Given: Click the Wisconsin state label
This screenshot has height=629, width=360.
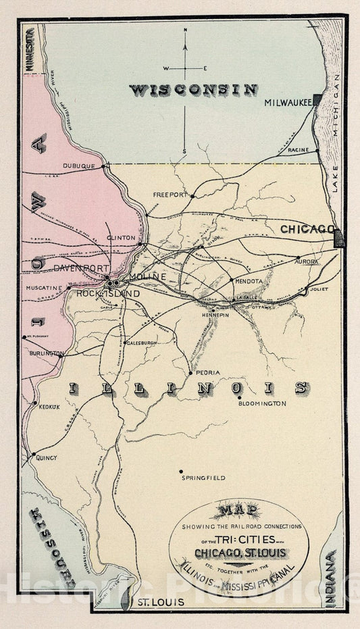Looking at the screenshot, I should (193, 89).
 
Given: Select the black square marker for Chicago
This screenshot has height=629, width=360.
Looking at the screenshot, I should (339, 238).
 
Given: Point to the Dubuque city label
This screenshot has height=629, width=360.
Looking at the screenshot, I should (81, 166).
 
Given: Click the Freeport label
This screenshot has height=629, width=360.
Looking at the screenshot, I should (170, 195).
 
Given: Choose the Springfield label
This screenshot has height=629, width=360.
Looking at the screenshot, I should (203, 478).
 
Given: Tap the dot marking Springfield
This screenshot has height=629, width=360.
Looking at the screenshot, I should (181, 470).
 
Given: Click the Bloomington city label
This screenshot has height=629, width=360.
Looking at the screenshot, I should (262, 403).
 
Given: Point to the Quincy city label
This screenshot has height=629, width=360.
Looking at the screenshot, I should (47, 457).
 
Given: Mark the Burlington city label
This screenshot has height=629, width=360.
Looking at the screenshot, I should (47, 353).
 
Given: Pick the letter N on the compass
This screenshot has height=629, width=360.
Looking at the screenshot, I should (186, 30).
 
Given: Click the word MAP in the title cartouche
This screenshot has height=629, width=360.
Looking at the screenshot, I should (238, 512).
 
